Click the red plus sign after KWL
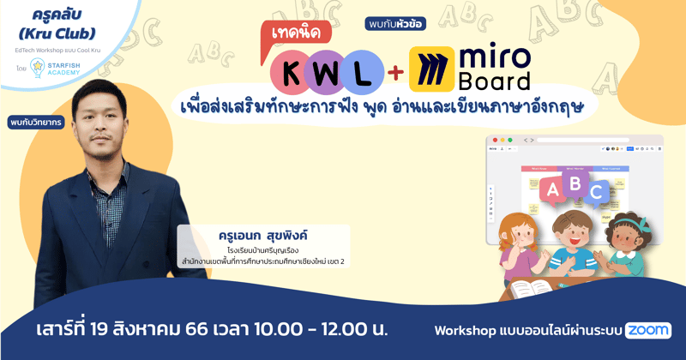(394, 72)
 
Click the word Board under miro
(496, 80)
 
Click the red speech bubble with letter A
(552, 189)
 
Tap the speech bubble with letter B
(575, 182)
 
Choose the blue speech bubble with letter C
(597, 194)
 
